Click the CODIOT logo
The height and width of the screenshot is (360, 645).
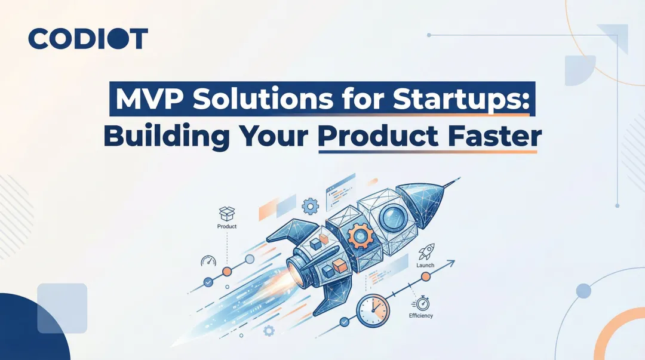(88, 39)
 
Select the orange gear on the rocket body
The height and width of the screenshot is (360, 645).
(361, 235)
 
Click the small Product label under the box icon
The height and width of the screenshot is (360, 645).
(227, 227)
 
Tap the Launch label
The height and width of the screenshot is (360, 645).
(425, 264)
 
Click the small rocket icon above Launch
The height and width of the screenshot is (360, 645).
(426, 251)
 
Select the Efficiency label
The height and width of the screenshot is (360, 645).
(421, 315)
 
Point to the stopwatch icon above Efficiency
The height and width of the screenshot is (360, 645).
(422, 302)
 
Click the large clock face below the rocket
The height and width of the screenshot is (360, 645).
(373, 310)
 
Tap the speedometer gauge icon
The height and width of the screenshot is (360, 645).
(207, 261)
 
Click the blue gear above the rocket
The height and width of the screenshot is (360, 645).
(311, 207)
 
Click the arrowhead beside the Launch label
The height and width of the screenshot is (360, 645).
(451, 261)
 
